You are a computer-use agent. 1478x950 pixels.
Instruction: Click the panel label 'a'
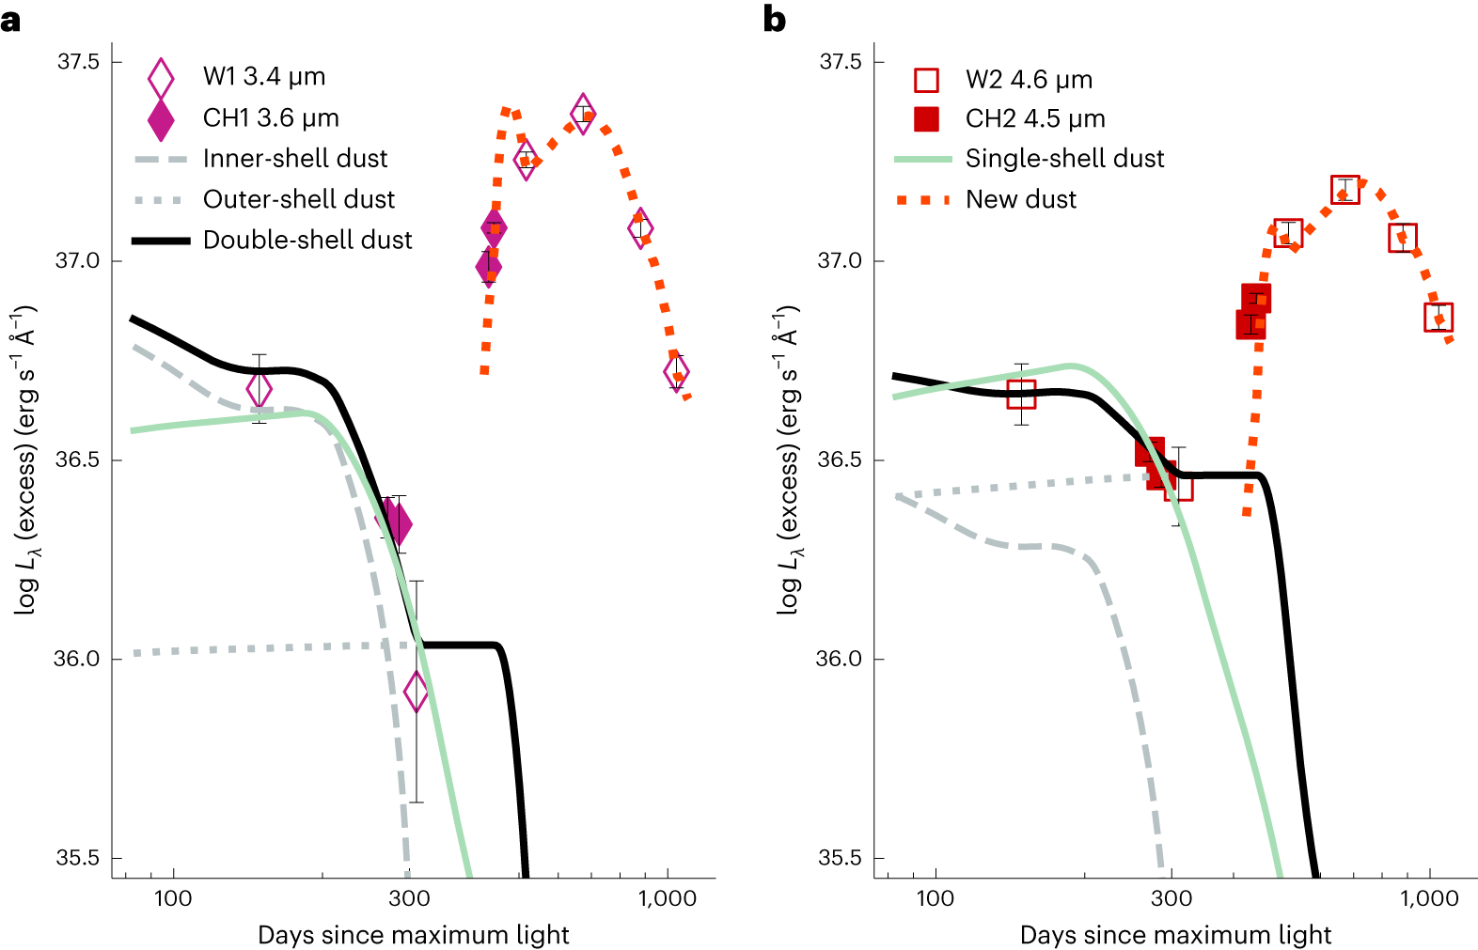[x=10, y=19]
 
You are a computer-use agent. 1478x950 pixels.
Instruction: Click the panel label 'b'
[x=774, y=19]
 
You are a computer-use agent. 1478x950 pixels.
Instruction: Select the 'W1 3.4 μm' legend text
[x=264, y=77]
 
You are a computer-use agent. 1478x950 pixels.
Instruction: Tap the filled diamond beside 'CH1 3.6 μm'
[x=161, y=118]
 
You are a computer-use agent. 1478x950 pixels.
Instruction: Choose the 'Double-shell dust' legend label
[x=307, y=241]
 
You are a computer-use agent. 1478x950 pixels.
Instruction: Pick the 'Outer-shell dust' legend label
[x=299, y=199]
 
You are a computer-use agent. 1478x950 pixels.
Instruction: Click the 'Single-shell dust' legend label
[x=1064, y=159]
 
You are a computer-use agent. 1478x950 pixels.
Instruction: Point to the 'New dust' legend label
[x=1021, y=199]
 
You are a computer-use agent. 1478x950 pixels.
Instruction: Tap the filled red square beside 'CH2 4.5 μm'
[x=926, y=119]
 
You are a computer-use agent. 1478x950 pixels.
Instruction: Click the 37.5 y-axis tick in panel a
[x=77, y=62]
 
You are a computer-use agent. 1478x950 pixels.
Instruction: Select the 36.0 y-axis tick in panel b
[x=839, y=659]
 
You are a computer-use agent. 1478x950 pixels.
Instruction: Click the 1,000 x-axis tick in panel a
[x=668, y=899]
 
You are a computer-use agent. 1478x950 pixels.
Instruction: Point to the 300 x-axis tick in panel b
[x=1171, y=899]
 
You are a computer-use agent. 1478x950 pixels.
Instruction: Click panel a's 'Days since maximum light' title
[x=414, y=936]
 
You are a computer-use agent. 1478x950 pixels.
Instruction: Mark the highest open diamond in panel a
[x=583, y=114]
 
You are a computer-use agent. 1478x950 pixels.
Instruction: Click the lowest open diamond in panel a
[x=416, y=693]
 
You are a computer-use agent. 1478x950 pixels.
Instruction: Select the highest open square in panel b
[x=1345, y=190]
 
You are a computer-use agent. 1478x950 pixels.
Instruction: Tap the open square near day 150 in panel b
[x=1021, y=395]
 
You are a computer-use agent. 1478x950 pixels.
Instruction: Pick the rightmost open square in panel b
[x=1439, y=318]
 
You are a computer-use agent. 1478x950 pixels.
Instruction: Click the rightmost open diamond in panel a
[x=676, y=372]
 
